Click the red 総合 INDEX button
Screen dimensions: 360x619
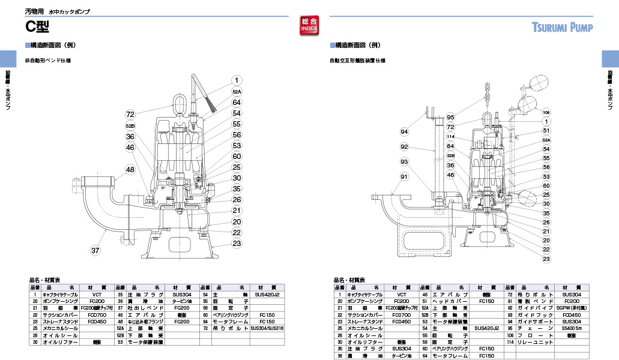pyautogui.click(x=309, y=25)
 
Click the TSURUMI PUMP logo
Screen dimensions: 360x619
pyautogui.click(x=562, y=27)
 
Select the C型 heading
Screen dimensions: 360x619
pyautogui.click(x=37, y=26)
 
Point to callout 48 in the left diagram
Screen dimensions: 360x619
pyautogui.click(x=130, y=170)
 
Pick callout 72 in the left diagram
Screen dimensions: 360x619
pyautogui.click(x=130, y=113)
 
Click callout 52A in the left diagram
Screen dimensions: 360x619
pyautogui.click(x=237, y=91)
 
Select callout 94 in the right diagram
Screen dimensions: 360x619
pyautogui.click(x=405, y=131)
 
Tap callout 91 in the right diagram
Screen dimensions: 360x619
pyautogui.click(x=404, y=176)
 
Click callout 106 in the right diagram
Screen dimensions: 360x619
pyautogui.click(x=546, y=112)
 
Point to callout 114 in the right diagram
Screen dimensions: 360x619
pyautogui.click(x=450, y=136)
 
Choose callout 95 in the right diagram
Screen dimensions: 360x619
pyautogui.click(x=450, y=117)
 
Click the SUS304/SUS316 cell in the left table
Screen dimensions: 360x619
pyautogui.click(x=267, y=328)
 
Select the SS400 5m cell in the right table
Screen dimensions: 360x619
pyautogui.click(x=572, y=328)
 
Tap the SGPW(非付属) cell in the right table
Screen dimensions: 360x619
pyautogui.click(x=572, y=308)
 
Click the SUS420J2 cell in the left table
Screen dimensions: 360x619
pyautogui.click(x=267, y=295)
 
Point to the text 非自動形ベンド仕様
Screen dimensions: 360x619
pyautogui.click(x=47, y=61)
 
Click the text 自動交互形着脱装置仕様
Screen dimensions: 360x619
pyautogui.click(x=357, y=61)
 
